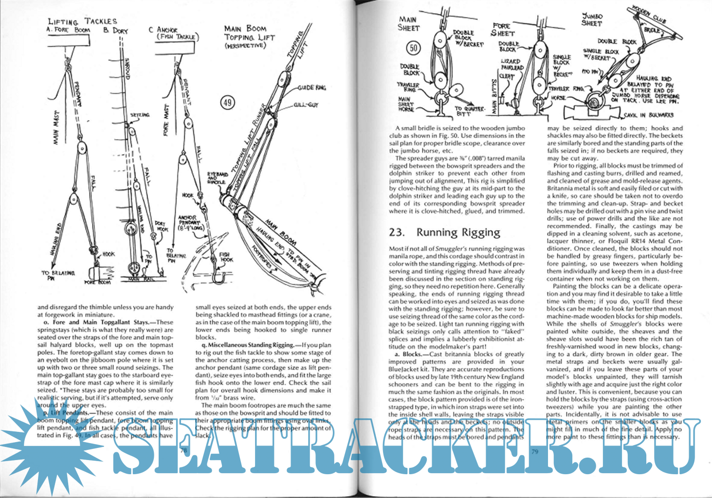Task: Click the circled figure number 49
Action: point(228,103)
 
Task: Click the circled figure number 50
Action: point(413,48)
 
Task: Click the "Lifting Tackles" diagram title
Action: point(82,21)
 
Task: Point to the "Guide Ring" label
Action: point(311,88)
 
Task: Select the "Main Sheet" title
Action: point(408,23)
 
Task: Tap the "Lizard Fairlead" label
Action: point(511,64)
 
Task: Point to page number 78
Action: point(184,451)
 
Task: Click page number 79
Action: point(534,451)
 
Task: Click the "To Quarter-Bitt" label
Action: point(469,111)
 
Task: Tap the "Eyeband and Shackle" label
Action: point(217,178)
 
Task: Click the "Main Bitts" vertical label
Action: point(495,97)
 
